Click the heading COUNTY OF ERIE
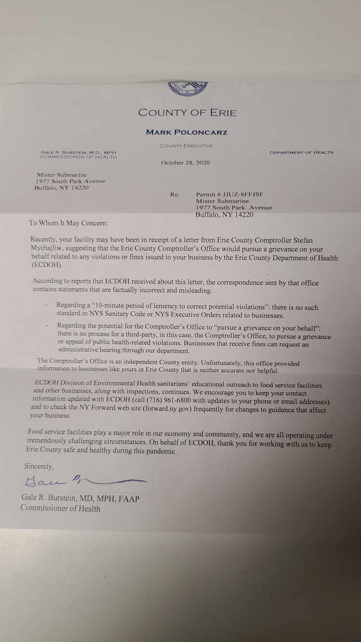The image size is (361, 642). [188, 113]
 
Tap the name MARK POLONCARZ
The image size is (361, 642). [187, 132]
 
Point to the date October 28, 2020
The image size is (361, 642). [186, 163]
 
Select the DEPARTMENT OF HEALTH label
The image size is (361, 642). [302, 152]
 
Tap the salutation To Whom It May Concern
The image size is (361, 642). [69, 223]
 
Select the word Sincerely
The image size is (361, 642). [39, 466]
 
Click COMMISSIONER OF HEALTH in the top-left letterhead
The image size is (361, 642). [79, 157]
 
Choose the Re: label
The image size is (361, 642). [175, 195]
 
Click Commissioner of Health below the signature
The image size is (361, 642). [61, 508]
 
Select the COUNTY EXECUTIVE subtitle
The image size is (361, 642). [186, 146]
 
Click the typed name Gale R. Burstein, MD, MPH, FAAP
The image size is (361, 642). [81, 498]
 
